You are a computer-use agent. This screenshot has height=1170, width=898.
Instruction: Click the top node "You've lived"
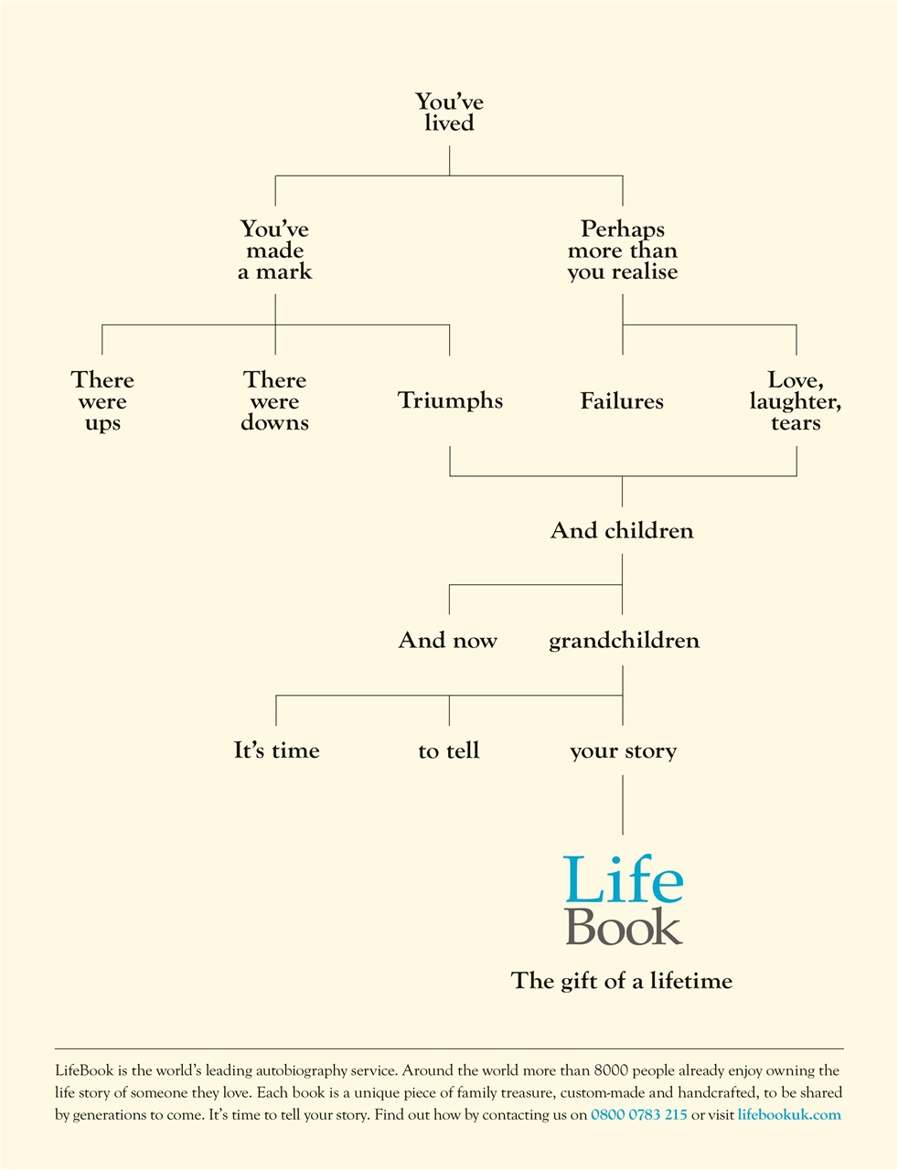449,112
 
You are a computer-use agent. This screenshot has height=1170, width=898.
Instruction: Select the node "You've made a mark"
275,250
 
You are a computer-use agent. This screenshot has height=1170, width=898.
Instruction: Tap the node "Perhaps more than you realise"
623,250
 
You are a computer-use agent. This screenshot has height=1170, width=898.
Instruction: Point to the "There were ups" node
102,401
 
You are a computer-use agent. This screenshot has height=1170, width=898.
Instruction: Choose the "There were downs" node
275,401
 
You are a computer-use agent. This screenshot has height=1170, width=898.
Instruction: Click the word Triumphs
450,401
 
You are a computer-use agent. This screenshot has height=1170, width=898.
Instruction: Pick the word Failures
622,401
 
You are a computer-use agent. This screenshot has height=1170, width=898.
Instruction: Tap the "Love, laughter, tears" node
795,401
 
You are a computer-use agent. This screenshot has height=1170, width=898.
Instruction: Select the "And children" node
622,531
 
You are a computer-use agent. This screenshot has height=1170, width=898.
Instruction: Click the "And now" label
448,641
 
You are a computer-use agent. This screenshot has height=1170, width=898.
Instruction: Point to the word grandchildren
624,641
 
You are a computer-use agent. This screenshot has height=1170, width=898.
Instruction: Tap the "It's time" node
276,751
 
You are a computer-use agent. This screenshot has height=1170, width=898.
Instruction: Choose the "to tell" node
449,751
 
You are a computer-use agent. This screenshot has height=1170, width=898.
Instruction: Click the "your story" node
623,751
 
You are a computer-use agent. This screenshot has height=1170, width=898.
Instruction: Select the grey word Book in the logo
624,926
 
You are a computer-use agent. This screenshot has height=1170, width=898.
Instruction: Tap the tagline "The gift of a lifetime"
622,982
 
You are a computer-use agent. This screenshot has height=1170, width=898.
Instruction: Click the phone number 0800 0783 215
639,1115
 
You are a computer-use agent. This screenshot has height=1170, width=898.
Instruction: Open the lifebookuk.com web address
789,1115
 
